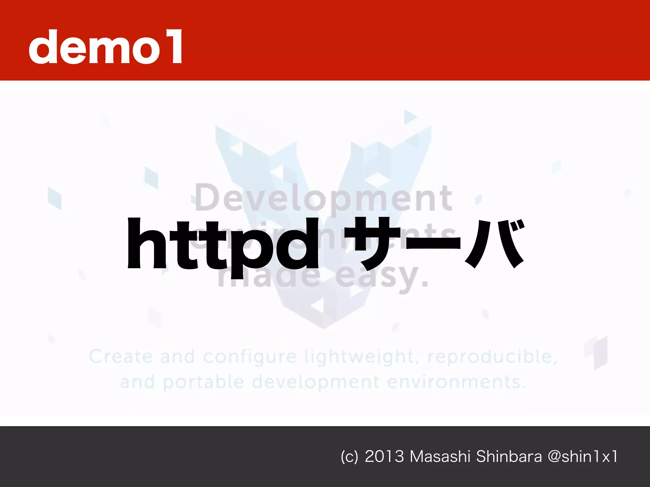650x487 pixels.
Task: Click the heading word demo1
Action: pyautogui.click(x=105, y=47)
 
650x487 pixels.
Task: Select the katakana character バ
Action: pyautogui.click(x=495, y=243)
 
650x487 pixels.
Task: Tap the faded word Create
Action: pyautogui.click(x=121, y=357)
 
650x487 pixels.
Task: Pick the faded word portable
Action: pyautogui.click(x=203, y=382)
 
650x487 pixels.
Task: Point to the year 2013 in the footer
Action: pyautogui.click(x=384, y=457)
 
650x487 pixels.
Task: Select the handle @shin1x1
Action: pyautogui.click(x=583, y=457)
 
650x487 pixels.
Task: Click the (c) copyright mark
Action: pyautogui.click(x=349, y=457)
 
